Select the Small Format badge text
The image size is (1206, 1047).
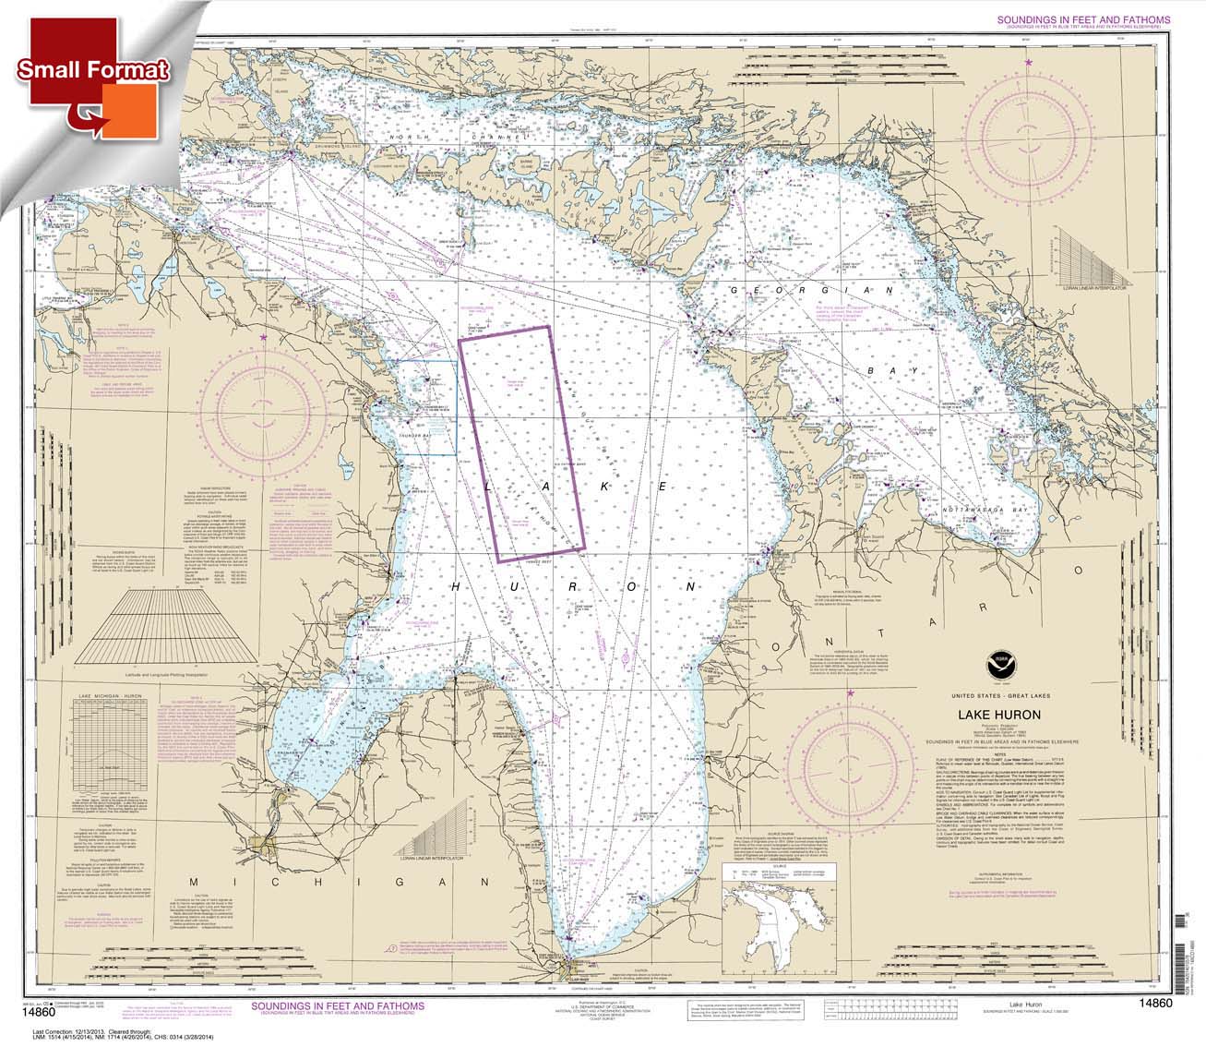tap(92, 70)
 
